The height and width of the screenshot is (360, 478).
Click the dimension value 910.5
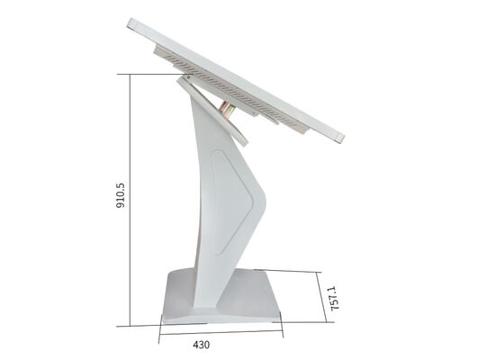pyautogui.click(x=121, y=195)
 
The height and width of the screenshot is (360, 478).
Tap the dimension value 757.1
pyautogui.click(x=334, y=299)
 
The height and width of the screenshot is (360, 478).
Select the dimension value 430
pyautogui.click(x=202, y=345)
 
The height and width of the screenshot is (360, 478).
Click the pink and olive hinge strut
pyautogui.click(x=227, y=110)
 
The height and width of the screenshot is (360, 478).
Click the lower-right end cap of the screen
pyautogui.click(x=339, y=138)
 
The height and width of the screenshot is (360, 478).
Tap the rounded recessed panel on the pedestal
pyautogui.click(x=231, y=202)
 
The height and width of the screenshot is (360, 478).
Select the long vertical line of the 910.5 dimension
pyautogui.click(x=131, y=200)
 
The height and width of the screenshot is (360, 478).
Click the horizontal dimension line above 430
pyautogui.click(x=221, y=333)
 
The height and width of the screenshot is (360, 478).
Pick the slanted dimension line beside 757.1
pyautogui.click(x=321, y=297)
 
